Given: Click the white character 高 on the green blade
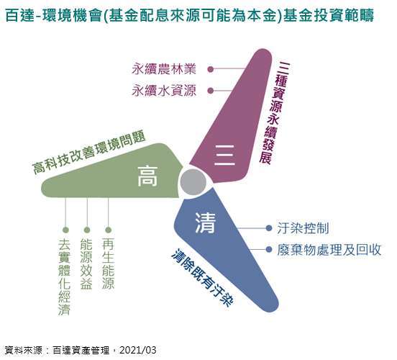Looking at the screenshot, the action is tap(147, 176).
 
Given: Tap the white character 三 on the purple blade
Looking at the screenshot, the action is tap(224, 156).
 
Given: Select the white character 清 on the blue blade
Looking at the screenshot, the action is tap(206, 222).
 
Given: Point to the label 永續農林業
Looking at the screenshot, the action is tap(164, 69).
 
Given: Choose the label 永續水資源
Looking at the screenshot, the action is tap(164, 91).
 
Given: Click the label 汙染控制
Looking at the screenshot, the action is tap(303, 228).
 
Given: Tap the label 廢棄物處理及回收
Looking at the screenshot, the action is tap(329, 250).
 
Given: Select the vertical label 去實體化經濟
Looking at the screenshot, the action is tap(64, 277).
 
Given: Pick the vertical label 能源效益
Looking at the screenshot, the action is tap(86, 264).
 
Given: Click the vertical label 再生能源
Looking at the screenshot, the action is tap(108, 264).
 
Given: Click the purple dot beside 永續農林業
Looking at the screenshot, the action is tap(211, 69).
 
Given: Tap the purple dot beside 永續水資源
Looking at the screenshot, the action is tap(211, 91).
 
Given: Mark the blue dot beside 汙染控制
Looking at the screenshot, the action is tap(269, 228).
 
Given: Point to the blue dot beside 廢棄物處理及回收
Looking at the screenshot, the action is tap(269, 250).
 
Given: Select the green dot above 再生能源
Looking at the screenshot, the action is tap(108, 230).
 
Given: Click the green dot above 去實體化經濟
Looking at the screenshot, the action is tap(65, 230).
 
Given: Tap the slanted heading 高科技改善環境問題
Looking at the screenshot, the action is tap(89, 153).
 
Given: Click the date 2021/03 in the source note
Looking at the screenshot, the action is tap(138, 350).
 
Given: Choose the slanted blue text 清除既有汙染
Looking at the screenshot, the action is tap(203, 278).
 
